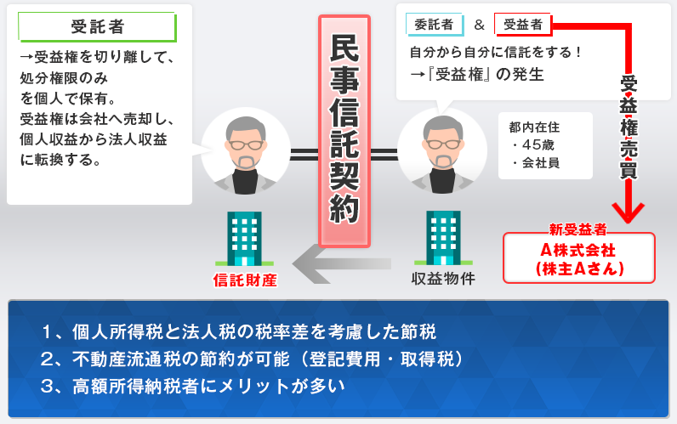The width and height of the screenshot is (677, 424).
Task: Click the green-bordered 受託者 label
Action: pyautogui.click(x=97, y=26)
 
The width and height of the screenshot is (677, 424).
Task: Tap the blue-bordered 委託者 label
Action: pyautogui.click(x=435, y=25)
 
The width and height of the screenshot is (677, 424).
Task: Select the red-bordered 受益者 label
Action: pyautogui.click(x=523, y=25)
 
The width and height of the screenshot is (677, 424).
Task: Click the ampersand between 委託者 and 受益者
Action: pyautogui.click(x=479, y=25)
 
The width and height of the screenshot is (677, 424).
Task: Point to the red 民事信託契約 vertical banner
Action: pyautogui.click(x=344, y=131)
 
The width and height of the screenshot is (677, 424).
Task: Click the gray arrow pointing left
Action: pyautogui.click(x=342, y=263)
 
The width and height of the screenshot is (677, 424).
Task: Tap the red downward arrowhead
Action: pyautogui.click(x=629, y=212)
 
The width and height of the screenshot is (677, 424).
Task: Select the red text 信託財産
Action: pyautogui.click(x=245, y=280)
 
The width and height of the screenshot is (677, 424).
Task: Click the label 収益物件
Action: pyautogui.click(x=443, y=279)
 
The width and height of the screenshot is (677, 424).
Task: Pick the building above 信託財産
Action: pyautogui.click(x=244, y=238)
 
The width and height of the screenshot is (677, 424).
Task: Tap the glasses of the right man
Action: pyautogui.click(x=443, y=144)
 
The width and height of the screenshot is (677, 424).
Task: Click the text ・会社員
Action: pyautogui.click(x=535, y=162)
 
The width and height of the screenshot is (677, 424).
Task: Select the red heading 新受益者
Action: pyautogui.click(x=577, y=229)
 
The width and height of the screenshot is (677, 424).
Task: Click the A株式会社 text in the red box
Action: pyautogui.click(x=577, y=250)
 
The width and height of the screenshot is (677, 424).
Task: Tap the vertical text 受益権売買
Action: pyautogui.click(x=629, y=127)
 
